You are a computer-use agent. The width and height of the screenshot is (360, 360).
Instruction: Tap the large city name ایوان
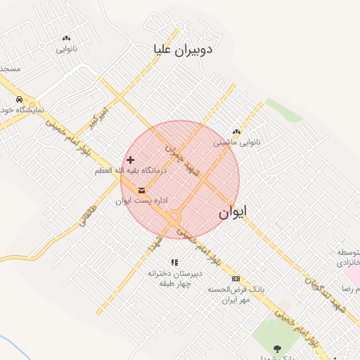pyautogui.click(x=233, y=213)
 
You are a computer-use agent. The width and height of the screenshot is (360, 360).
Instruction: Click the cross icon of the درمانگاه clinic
pyautogui.click(x=130, y=160)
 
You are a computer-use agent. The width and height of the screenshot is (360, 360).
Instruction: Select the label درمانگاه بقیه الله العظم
pyautogui.click(x=129, y=171)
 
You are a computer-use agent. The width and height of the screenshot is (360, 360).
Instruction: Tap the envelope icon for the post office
pyautogui.click(x=142, y=191)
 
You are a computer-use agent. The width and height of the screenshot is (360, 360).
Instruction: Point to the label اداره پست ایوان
pyautogui.click(x=142, y=201)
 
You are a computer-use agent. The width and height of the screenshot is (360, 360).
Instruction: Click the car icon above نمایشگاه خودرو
pyautogui.click(x=19, y=99)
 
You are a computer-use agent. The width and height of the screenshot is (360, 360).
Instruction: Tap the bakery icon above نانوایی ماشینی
pyautogui.click(x=236, y=131)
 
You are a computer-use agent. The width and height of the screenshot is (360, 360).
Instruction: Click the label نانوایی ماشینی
pyautogui.click(x=237, y=142)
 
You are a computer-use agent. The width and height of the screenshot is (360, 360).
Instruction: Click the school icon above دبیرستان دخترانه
pyautogui.click(x=174, y=262)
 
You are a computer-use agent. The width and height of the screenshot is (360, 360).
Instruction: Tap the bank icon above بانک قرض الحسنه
pyautogui.click(x=235, y=278)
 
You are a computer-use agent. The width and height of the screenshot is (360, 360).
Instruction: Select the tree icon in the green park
pyautogui.click(x=278, y=349)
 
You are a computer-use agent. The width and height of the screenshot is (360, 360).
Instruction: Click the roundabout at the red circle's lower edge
pyautogui.click(x=174, y=219)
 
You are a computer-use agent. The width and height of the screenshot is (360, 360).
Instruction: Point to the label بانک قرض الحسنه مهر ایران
pyautogui.click(x=229, y=295)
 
